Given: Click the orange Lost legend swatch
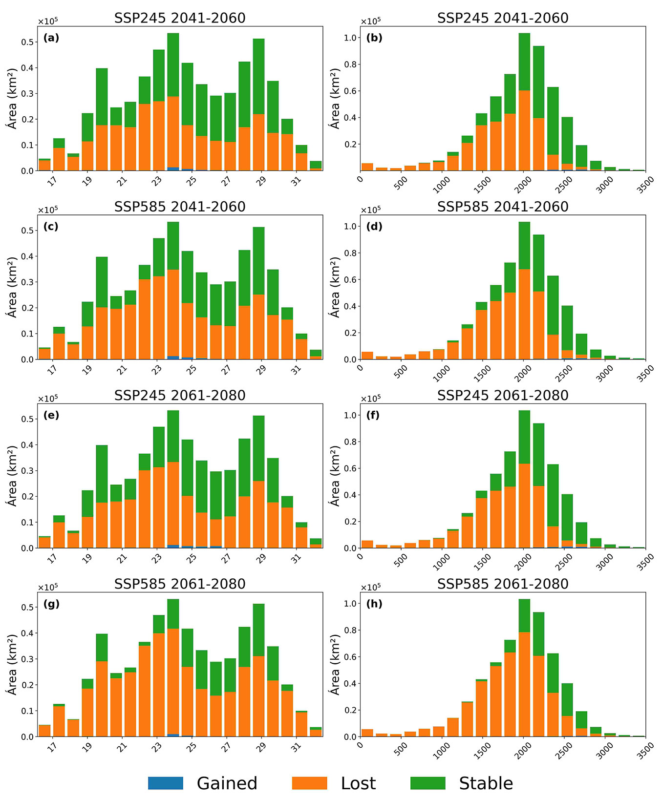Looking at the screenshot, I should [309, 783].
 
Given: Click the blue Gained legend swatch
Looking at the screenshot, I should [166, 783].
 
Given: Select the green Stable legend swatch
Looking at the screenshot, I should [427, 783].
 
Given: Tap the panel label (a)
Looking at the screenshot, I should [51, 38].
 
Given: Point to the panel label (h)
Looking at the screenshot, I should [374, 604].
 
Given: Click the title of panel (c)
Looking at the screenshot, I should [180, 207].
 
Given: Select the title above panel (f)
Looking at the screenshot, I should [503, 395].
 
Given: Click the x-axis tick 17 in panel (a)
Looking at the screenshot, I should [52, 181].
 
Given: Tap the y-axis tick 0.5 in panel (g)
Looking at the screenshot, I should [28, 607].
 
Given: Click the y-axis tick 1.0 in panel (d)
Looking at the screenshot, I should [351, 226].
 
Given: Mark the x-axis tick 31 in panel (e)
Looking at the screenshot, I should [296, 558].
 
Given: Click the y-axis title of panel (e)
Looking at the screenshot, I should [12, 475].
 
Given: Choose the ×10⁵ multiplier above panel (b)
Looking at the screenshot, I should [370, 21].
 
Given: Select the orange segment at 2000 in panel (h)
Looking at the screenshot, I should [524, 684].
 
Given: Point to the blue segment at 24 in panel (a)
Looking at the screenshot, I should [173, 169].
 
